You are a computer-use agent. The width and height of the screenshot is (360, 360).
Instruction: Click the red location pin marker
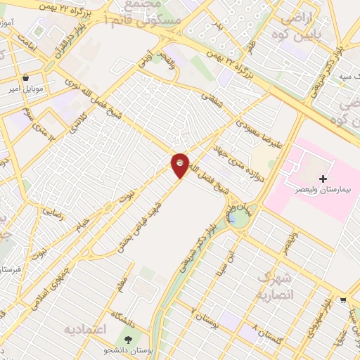[x=180, y=165]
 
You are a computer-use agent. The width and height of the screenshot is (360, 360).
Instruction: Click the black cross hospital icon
[x=323, y=179]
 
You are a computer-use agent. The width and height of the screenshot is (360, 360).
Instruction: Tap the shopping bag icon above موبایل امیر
[x=26, y=78]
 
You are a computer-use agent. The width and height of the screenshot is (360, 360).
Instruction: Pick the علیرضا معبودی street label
[x=248, y=126]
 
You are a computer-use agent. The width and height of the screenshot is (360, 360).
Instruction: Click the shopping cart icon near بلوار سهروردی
[x=342, y=299]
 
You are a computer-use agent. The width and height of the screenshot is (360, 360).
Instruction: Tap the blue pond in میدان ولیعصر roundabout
[x=233, y=221]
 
